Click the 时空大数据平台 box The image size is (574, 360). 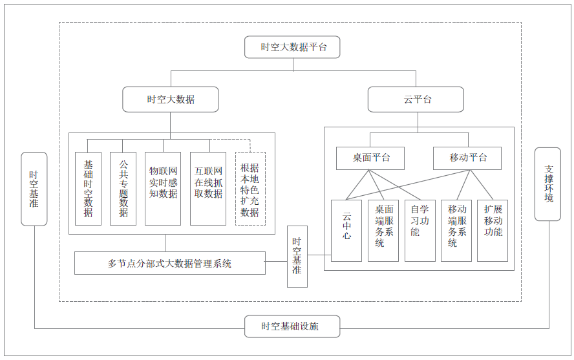pyautogui.click(x=293, y=47)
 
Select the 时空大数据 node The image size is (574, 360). pyautogui.click(x=171, y=100)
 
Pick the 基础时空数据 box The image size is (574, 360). pyautogui.click(x=89, y=189)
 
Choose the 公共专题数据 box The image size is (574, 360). pyautogui.click(x=123, y=189)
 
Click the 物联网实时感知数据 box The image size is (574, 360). pyautogui.click(x=163, y=189)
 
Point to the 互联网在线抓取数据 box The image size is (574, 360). pyautogui.click(x=208, y=189)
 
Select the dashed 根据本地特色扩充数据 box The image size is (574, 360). pyautogui.click(x=250, y=189)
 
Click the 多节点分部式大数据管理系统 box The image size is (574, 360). pyautogui.click(x=170, y=263)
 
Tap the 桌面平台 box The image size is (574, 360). pyautogui.click(x=370, y=158)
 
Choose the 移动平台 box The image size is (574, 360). pyautogui.click(x=468, y=158)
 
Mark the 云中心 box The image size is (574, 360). pyautogui.click(x=346, y=230)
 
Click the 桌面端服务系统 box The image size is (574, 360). pyautogui.click(x=383, y=230)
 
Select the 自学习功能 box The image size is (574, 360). pyautogui.click(x=420, y=230)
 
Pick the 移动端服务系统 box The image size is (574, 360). pyautogui.click(x=456, y=230)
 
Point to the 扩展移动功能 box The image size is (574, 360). pyautogui.click(x=493, y=230)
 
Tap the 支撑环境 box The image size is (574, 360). pyautogui.click(x=549, y=184)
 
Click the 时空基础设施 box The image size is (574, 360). pyautogui.click(x=292, y=326)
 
